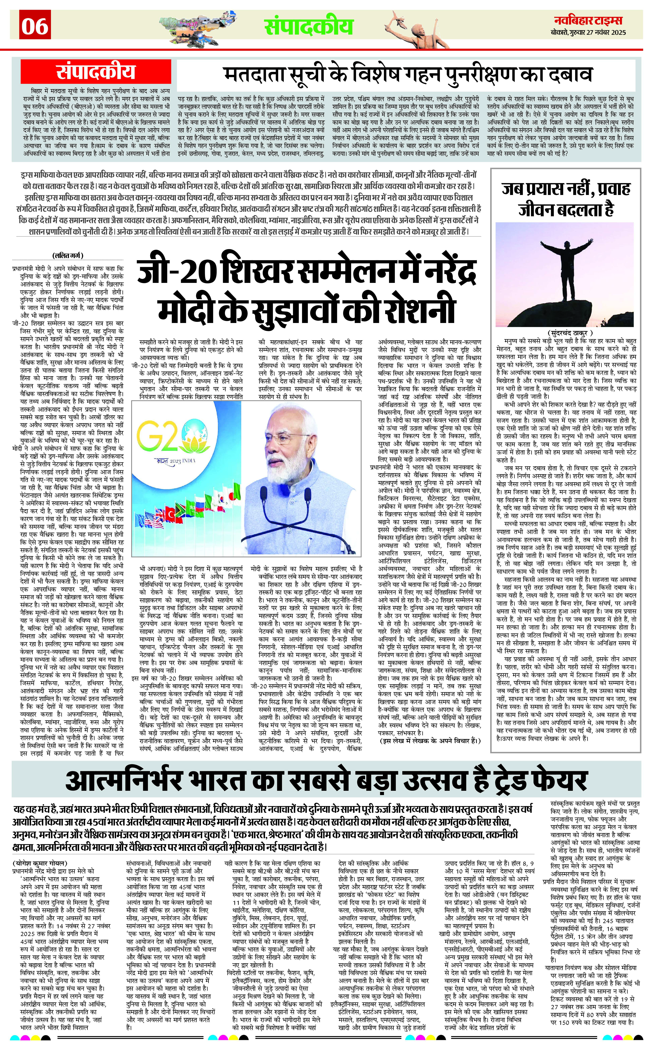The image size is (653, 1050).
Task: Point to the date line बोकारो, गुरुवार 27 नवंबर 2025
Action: pos(588,33)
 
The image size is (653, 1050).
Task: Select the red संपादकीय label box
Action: pos(96,72)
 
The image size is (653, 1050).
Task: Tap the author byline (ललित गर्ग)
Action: pos(68,255)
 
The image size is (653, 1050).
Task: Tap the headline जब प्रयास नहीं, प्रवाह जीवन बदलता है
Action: pos(566,199)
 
